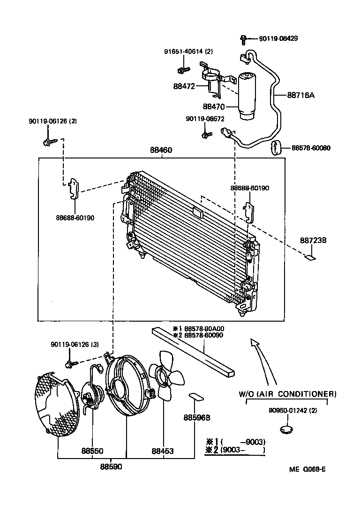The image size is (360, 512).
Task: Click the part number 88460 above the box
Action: (x=161, y=151)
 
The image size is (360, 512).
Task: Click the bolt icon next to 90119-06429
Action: (x=244, y=39)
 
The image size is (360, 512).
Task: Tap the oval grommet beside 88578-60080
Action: (x=275, y=147)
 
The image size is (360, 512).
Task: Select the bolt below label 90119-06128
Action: (x=49, y=141)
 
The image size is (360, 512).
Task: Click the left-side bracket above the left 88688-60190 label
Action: (x=74, y=188)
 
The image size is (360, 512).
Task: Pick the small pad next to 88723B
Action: (x=310, y=256)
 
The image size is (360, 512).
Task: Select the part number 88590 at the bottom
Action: (x=111, y=467)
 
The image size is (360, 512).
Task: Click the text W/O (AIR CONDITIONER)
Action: (x=287, y=393)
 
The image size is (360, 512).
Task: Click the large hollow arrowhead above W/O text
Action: (x=255, y=344)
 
